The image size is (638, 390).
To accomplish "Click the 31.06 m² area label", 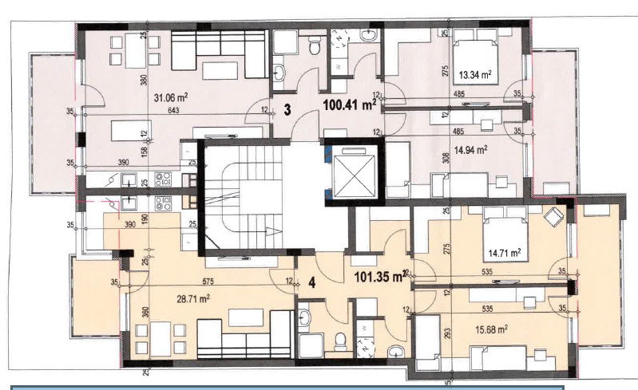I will click(x=170, y=97).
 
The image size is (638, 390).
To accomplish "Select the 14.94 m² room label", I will click(x=470, y=148).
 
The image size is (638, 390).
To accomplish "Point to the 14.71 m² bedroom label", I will click(x=505, y=253).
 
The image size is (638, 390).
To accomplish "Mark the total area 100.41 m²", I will click(x=349, y=104).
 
